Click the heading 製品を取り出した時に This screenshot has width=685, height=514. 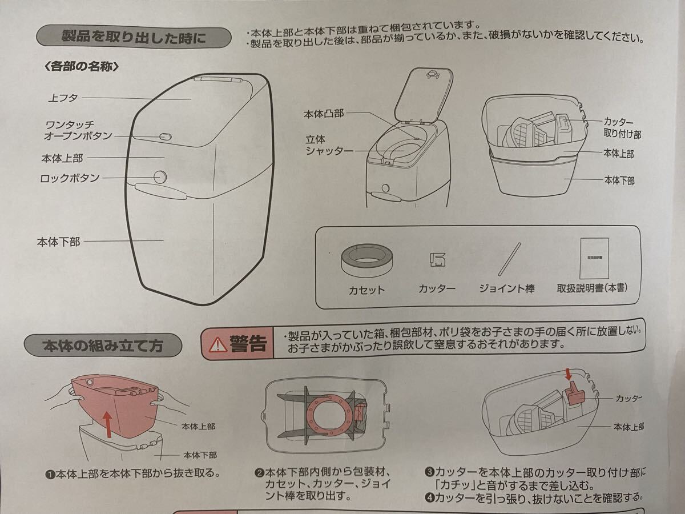click(x=133, y=38)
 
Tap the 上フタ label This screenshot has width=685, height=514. click(x=63, y=98)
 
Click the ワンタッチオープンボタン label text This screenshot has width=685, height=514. click(x=78, y=130)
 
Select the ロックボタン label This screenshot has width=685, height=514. click(x=70, y=178)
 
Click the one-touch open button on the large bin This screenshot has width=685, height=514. click(x=166, y=136)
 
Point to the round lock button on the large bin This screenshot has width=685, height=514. click(x=160, y=177)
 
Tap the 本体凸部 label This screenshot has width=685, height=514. click(x=324, y=114)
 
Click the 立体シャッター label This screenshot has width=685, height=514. click(x=329, y=145)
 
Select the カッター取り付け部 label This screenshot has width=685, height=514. click(x=622, y=128)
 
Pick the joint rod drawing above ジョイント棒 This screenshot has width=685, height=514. click(x=509, y=259)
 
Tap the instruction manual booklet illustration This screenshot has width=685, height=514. click(x=594, y=258)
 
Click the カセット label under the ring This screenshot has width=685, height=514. click(x=366, y=290)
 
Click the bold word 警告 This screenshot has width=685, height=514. click(x=248, y=344)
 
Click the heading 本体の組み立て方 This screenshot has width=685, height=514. click(x=103, y=346)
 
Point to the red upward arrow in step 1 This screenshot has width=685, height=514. click(x=108, y=424)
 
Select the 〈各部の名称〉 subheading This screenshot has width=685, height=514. click(x=82, y=67)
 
